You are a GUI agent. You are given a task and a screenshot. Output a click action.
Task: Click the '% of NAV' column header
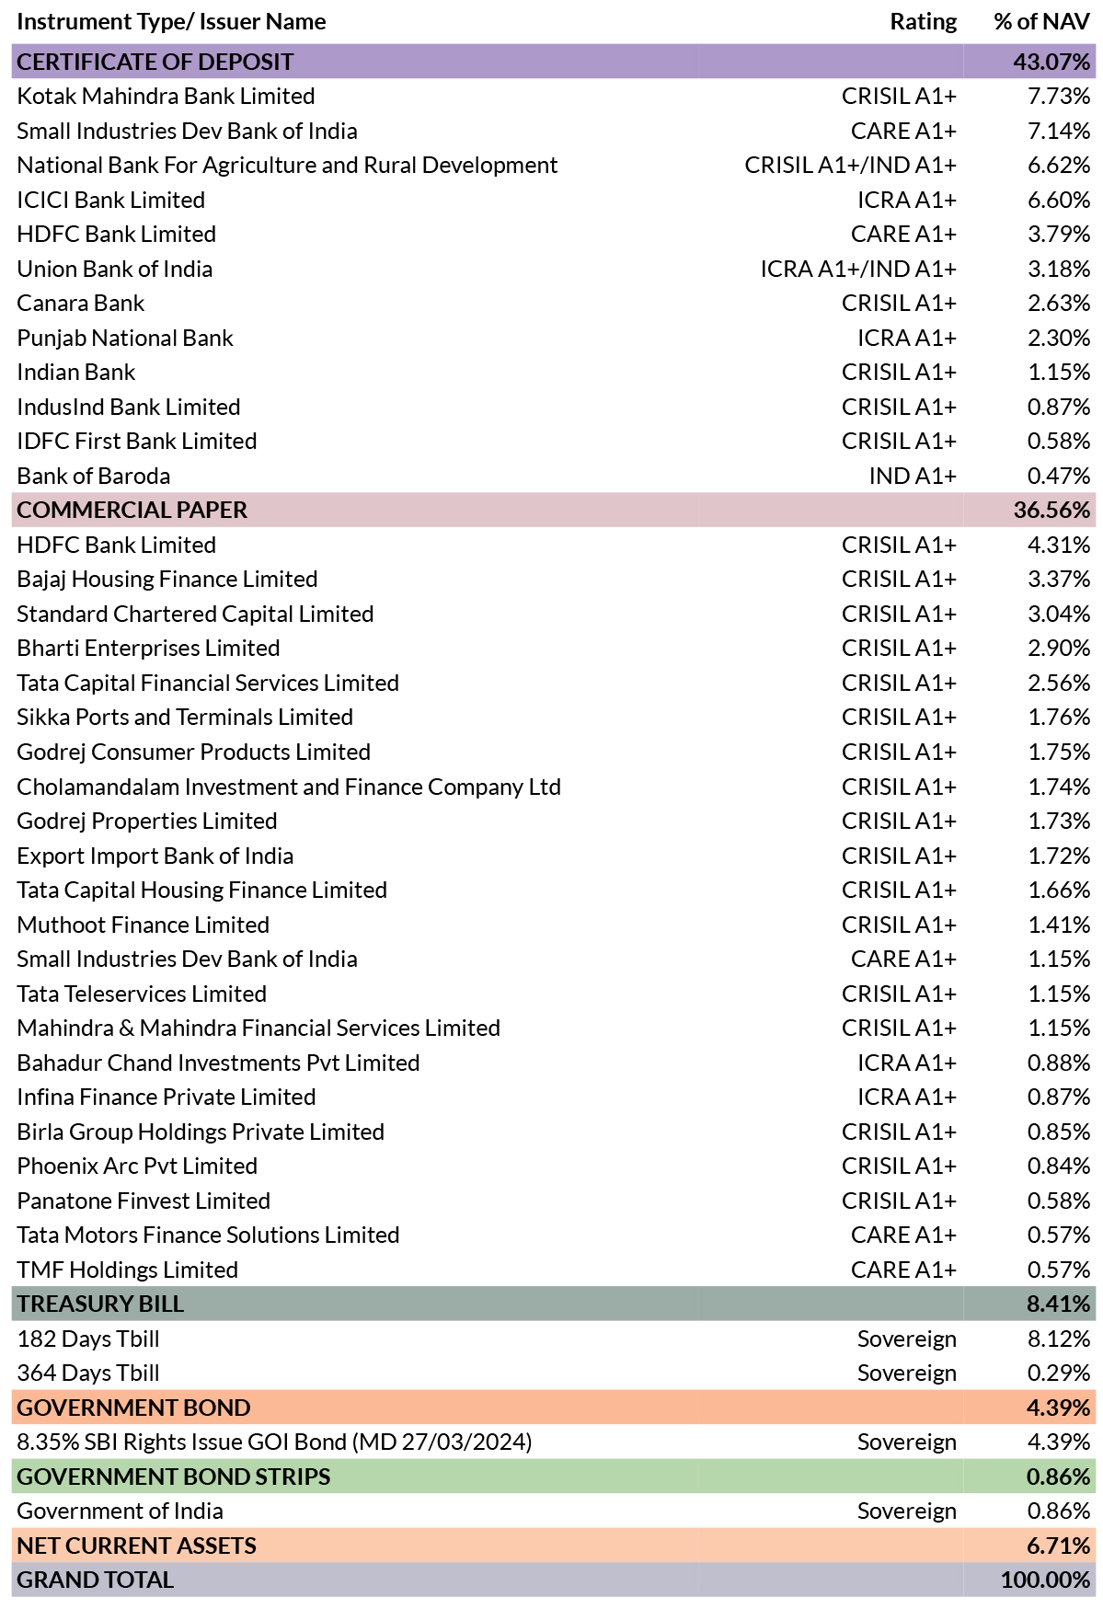(1041, 21)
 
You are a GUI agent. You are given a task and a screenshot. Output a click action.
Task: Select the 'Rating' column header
(923, 21)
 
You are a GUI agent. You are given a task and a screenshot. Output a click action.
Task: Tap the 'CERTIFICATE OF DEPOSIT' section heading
(155, 62)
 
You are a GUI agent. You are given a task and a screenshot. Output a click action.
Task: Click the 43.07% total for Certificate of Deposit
(1051, 62)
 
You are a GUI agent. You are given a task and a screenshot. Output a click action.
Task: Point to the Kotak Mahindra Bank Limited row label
(166, 97)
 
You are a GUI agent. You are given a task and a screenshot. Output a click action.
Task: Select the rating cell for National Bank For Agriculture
(851, 166)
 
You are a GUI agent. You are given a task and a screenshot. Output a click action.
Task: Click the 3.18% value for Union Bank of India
(1059, 269)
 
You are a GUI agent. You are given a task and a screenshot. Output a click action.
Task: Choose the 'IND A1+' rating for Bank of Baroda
(913, 476)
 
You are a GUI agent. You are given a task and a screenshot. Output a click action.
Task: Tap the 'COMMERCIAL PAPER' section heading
(132, 510)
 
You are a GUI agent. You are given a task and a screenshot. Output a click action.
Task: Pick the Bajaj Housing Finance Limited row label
(167, 580)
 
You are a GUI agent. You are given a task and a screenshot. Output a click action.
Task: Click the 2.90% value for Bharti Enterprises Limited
(1059, 648)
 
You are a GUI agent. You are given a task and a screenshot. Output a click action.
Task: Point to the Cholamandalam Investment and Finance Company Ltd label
(289, 787)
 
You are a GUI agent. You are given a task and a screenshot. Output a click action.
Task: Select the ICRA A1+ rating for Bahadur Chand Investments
(907, 1063)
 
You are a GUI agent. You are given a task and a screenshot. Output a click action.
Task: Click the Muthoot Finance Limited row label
(144, 925)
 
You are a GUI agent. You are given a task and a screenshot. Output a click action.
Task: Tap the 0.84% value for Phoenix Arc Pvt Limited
(1059, 1166)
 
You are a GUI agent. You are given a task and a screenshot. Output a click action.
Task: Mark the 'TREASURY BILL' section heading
(100, 1304)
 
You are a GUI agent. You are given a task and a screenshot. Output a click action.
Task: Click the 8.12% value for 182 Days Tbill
(1059, 1339)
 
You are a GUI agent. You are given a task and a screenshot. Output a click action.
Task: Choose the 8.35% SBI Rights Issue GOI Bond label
(274, 1442)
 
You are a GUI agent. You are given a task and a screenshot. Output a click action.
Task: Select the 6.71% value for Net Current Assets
(1059, 1546)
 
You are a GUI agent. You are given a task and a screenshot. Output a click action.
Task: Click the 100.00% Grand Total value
(1046, 1580)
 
